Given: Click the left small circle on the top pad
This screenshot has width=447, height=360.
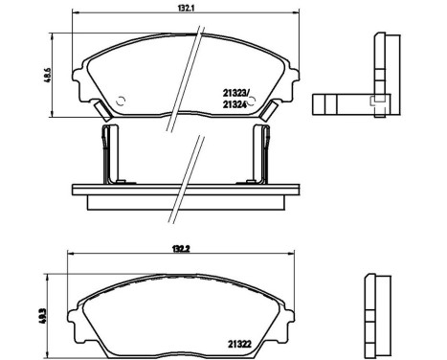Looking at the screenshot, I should (122, 99).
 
